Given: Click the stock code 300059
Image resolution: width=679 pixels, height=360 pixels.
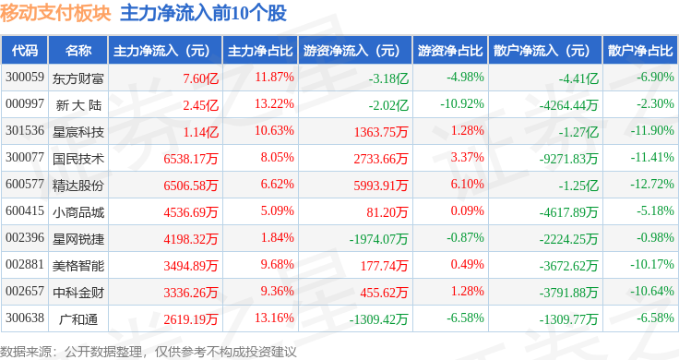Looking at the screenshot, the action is (x=25, y=78).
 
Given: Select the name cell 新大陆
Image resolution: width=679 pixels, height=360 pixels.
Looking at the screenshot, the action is (x=78, y=105).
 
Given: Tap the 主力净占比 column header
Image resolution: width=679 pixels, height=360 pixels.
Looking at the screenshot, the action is (x=260, y=51).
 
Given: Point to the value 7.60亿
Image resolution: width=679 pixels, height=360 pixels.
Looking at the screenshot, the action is (x=200, y=78).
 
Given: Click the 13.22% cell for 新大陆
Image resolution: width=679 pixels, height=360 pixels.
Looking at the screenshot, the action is (x=274, y=104).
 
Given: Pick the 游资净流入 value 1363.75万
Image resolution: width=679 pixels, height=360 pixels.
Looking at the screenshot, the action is (x=381, y=132).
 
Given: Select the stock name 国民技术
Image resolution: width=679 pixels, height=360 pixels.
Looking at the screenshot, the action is (x=78, y=159).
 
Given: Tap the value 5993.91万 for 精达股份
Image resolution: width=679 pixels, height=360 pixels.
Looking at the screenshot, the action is (x=381, y=186).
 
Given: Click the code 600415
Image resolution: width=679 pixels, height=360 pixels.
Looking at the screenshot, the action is (x=25, y=211).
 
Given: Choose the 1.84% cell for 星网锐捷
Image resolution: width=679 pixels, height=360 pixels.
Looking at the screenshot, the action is (x=277, y=238).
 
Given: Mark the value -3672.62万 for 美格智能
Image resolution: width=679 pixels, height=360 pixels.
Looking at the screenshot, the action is (x=568, y=266).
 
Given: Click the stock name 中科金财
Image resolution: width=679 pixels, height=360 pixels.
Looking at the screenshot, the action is (x=78, y=293).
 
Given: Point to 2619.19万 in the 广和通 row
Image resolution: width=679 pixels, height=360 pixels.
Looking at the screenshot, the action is (x=191, y=319).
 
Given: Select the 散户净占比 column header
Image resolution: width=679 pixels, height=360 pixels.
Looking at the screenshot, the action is (x=640, y=51).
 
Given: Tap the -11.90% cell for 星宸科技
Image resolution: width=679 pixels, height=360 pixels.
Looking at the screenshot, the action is (x=652, y=131).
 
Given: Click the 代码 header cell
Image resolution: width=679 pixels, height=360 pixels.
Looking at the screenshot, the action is (x=25, y=51).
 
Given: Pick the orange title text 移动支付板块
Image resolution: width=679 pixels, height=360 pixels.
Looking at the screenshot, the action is (x=55, y=14).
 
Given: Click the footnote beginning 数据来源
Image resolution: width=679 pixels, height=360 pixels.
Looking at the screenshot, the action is (x=149, y=352).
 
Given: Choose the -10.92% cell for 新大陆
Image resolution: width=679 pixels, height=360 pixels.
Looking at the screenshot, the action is (x=462, y=104).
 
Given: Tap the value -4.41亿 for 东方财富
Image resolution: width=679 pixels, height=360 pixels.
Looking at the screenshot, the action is (x=578, y=78).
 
